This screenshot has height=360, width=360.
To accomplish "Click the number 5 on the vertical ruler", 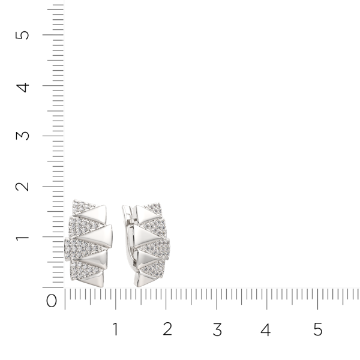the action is [x=22, y=35].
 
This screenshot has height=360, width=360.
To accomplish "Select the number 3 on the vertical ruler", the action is [x=23, y=136].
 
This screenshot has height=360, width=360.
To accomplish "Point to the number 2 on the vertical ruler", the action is [x=22, y=187].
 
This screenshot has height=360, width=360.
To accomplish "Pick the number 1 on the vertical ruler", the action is [x=22, y=237].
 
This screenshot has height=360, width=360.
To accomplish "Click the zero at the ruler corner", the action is [x=52, y=301].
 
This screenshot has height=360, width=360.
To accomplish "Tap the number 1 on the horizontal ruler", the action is [x=115, y=329].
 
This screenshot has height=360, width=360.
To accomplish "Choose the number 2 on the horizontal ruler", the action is [x=167, y=329].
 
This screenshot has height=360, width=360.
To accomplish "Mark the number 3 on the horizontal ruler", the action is [x=217, y=329].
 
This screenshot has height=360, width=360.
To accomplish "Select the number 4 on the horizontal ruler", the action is [x=266, y=329].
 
